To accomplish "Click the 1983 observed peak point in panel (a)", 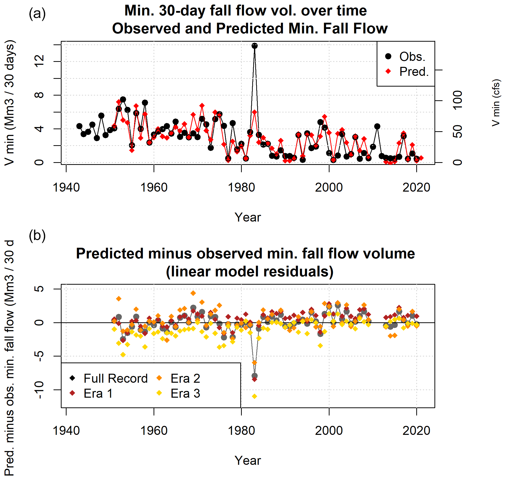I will click(x=254, y=46).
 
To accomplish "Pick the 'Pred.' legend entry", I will click(x=407, y=72).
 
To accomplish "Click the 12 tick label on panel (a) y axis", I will click(x=39, y=61).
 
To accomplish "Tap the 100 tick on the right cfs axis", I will click(x=457, y=100).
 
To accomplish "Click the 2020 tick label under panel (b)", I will click(x=416, y=431).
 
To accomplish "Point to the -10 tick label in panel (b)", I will click(x=39, y=390).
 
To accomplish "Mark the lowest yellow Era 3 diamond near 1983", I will click(x=254, y=396).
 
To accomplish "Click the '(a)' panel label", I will click(x=37, y=13).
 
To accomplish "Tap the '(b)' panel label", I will click(x=37, y=236).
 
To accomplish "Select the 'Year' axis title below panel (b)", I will click(x=248, y=461).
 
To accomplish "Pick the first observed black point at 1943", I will click(x=79, y=126).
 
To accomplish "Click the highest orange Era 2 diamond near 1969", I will click(x=193, y=293).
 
